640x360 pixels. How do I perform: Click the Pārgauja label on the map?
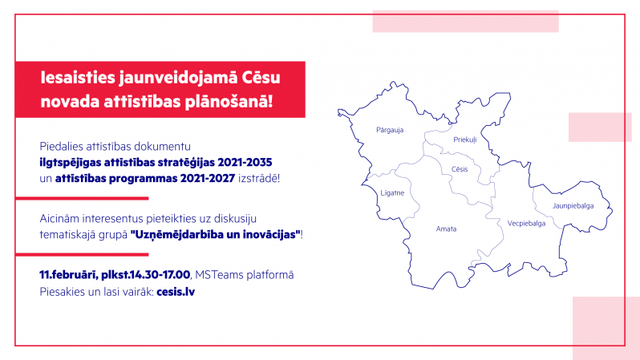pos(390,130)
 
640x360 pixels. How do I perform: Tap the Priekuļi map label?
pos(465,140)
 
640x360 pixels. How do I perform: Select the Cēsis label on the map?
pos(460,169)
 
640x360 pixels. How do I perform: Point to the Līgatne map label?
pos(392,192)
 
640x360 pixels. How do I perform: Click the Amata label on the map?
pos(446,229)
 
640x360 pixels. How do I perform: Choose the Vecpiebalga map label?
pos(526,223)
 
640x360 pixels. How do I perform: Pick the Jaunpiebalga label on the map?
pos(573,206)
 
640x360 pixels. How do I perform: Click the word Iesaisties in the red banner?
pos(78,78)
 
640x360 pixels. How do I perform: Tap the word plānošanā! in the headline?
pos(229,102)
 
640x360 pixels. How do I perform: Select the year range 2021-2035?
pos(245,163)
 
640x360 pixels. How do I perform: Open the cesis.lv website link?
pos(176,292)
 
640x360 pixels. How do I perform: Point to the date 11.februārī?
pos(68,275)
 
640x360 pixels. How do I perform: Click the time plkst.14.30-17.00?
pos(146,275)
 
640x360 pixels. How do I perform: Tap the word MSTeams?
pos(215,275)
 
